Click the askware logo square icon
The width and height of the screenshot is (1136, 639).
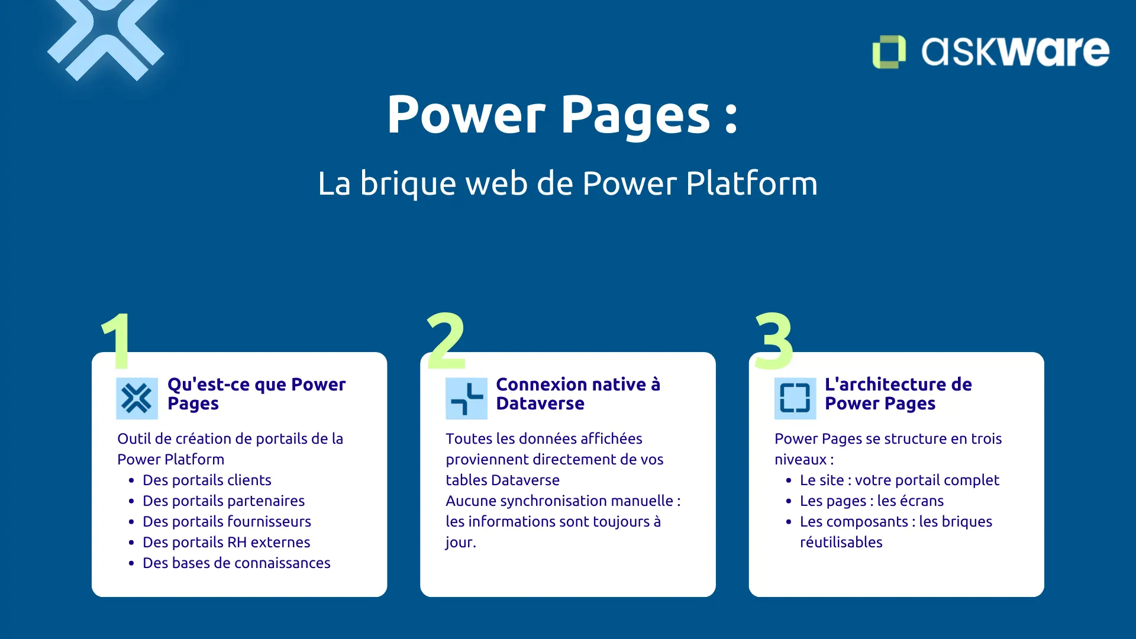889,51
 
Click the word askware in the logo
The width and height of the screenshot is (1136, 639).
1015,51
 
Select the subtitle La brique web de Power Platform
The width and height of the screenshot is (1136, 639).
567,183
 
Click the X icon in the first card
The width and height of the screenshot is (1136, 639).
137,398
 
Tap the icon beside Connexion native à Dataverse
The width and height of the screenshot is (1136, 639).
466,398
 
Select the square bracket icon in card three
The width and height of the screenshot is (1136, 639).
795,398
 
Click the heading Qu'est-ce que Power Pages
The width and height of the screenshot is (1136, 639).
256,393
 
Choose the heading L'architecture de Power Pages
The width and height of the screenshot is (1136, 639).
898,393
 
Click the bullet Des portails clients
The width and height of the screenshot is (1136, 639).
206,480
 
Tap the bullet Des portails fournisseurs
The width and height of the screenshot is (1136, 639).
227,521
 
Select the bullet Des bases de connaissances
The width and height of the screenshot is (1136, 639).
236,563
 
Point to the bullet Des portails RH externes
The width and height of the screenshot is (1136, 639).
226,542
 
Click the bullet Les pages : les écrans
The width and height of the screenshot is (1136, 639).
871,501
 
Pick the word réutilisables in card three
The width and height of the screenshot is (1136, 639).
841,542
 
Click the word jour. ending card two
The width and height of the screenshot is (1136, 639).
460,542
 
